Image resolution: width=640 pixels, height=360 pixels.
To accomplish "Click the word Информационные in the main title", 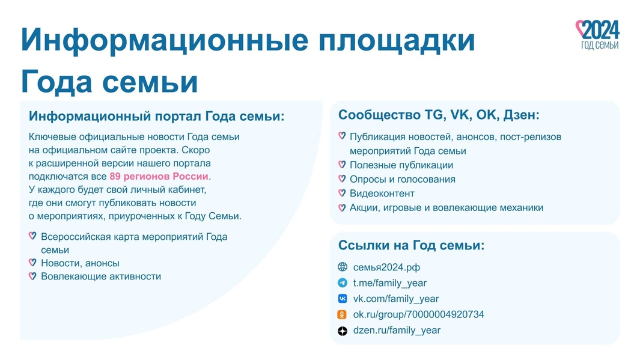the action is pyautogui.click(x=165, y=40).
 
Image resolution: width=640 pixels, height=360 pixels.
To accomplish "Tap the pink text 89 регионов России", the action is pyautogui.click(x=159, y=176).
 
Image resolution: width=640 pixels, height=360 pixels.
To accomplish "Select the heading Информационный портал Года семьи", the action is pyautogui.click(x=156, y=116).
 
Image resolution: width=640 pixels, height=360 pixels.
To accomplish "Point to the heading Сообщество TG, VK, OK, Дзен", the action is pyautogui.click(x=439, y=115).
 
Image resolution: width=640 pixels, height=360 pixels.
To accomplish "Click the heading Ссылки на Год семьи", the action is pyautogui.click(x=412, y=245).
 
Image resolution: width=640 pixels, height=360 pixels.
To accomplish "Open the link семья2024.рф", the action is pyautogui.click(x=386, y=267).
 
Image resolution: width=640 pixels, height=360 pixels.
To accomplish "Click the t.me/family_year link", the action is pyautogui.click(x=390, y=283).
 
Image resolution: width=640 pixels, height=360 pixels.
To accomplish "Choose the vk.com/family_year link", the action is pyautogui.click(x=396, y=299).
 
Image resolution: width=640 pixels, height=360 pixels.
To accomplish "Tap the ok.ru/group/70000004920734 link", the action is pyautogui.click(x=418, y=314).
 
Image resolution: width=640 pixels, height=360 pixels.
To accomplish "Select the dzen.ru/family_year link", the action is pyautogui.click(x=397, y=330).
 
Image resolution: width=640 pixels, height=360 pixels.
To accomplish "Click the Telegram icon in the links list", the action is pyautogui.click(x=343, y=283).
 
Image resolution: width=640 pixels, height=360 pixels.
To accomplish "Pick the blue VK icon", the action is pyautogui.click(x=343, y=299).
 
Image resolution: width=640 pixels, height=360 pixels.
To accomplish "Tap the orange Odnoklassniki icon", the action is pyautogui.click(x=342, y=315).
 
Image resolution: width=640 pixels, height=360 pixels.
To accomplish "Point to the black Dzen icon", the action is pyautogui.click(x=343, y=331).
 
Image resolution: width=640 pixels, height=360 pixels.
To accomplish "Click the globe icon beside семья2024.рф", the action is pyautogui.click(x=343, y=267).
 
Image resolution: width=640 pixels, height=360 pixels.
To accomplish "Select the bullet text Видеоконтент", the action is pyautogui.click(x=382, y=194).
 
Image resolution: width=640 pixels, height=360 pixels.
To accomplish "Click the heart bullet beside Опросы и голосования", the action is pyautogui.click(x=342, y=178).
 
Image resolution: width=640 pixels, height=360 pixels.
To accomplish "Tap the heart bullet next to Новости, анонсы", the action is pyautogui.click(x=32, y=263).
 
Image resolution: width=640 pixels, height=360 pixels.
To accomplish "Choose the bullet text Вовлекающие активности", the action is pyautogui.click(x=101, y=276).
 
